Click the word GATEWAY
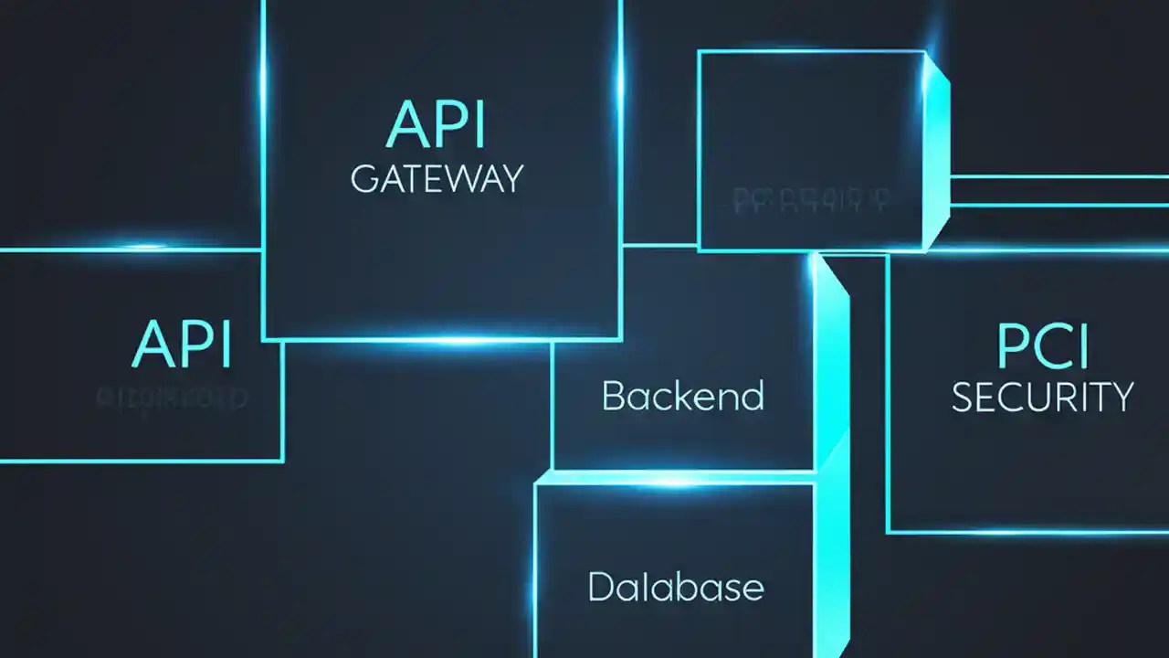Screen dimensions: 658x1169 tap(437, 177)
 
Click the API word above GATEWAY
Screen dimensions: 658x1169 tap(437, 125)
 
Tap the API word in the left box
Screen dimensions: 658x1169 tap(182, 345)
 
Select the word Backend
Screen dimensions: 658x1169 tap(682, 397)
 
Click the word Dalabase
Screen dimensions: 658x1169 tap(675, 586)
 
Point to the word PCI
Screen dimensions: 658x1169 tap(1042, 347)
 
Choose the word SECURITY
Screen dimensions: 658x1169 tap(1042, 398)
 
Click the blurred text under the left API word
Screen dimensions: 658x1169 tap(172, 398)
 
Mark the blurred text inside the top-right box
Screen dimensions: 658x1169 tap(812, 198)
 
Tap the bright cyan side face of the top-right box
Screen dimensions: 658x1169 tap(936, 151)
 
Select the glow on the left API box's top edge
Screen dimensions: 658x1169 tap(146, 247)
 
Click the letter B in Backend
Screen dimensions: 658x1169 tap(613, 397)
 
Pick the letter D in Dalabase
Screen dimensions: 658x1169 tap(599, 586)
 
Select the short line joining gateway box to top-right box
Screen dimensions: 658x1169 tap(659, 245)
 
